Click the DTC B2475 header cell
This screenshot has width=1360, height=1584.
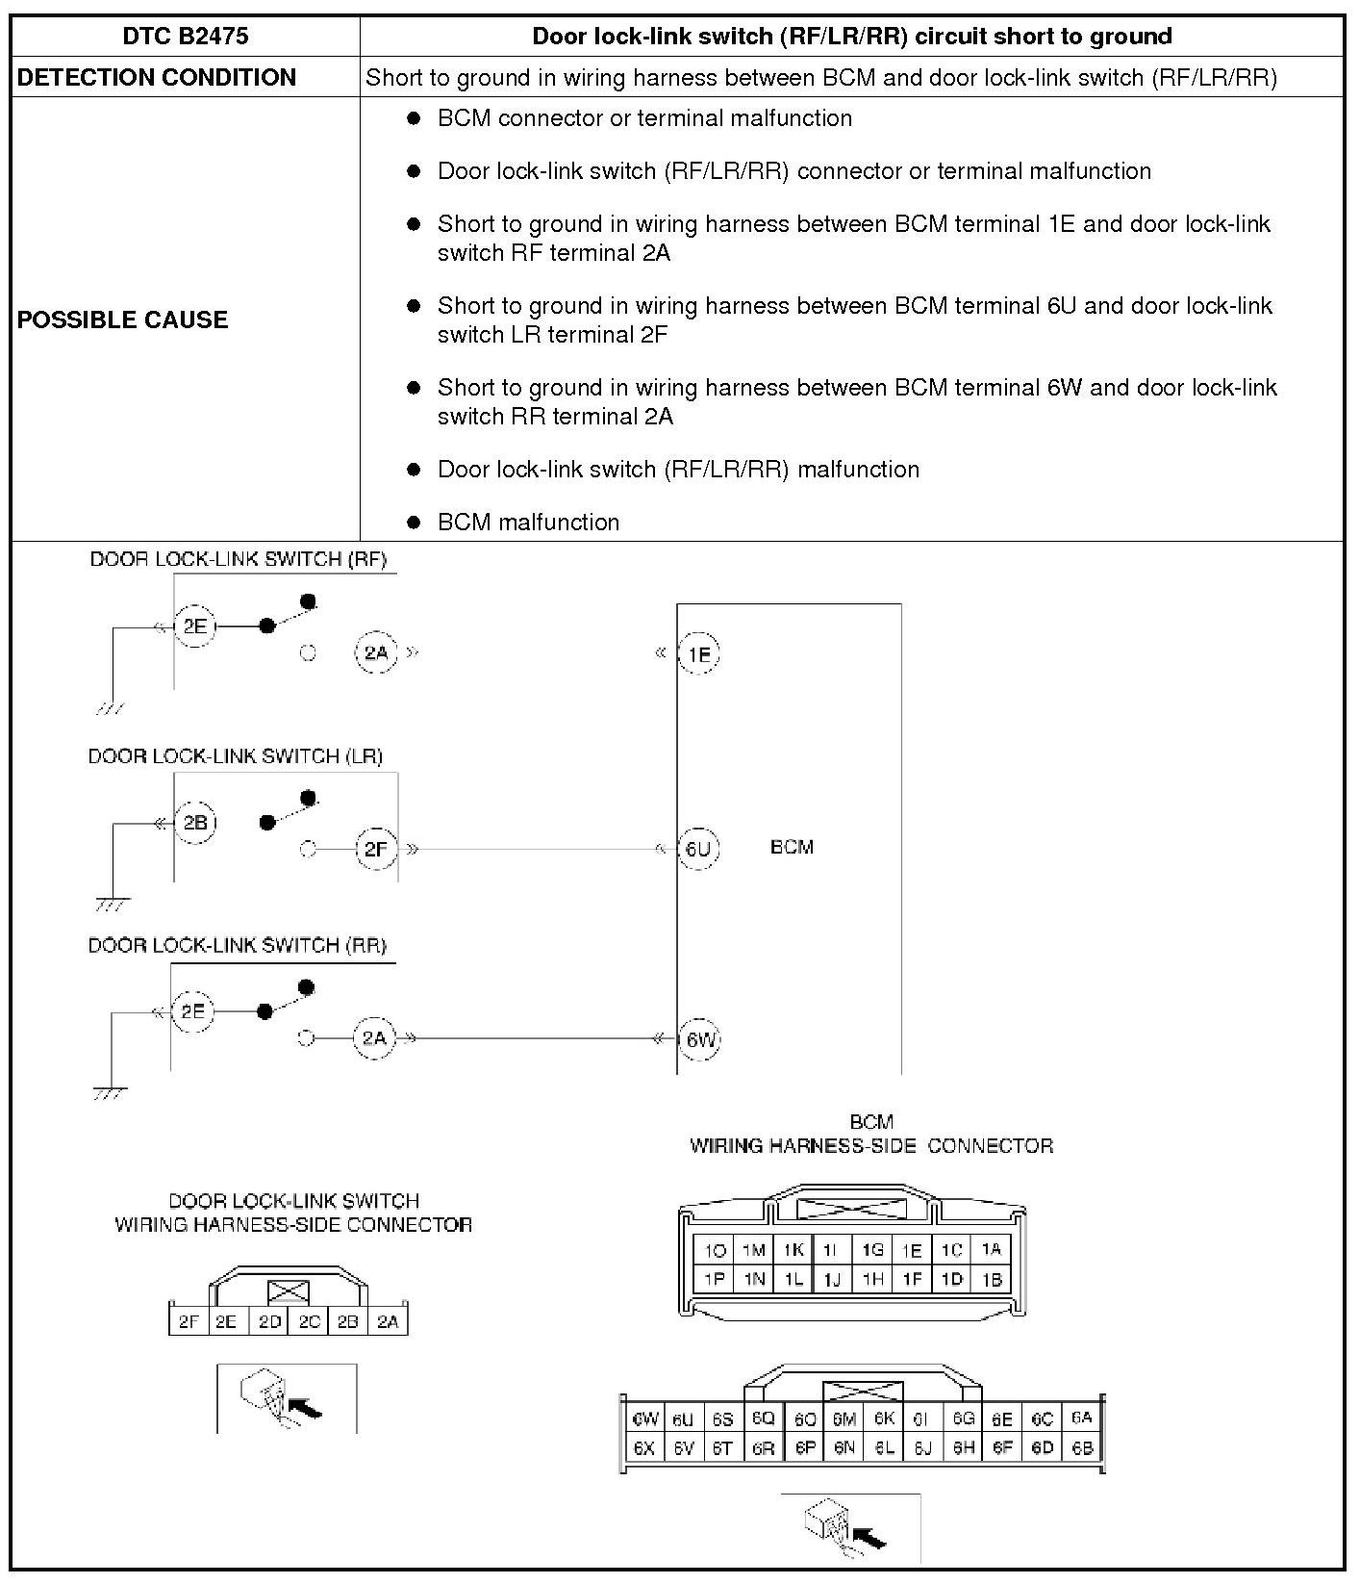point(185,37)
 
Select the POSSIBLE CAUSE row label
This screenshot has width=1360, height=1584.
point(122,319)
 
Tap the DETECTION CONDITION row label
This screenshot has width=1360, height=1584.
point(156,78)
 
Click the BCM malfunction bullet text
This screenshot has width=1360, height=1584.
point(528,523)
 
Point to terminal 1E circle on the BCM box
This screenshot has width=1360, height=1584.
point(699,654)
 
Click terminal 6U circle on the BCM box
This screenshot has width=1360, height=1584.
point(698,849)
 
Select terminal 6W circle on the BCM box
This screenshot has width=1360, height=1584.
point(699,1039)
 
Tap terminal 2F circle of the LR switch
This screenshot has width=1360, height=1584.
point(375,849)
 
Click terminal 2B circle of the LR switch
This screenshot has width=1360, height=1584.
point(195,823)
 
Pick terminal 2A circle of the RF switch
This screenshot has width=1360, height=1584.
point(375,653)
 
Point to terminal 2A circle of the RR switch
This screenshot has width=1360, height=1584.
point(373,1037)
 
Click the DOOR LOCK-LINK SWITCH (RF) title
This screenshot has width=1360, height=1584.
point(238,559)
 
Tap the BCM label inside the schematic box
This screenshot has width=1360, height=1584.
point(792,847)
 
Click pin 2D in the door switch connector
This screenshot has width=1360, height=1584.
point(269,1321)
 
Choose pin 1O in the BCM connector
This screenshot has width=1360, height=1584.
point(715,1250)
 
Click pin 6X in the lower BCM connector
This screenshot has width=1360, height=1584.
point(643,1447)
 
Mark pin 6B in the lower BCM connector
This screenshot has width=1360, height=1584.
point(1082,1447)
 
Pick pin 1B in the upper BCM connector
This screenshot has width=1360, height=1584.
point(992,1279)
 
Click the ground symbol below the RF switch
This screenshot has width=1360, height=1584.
point(111,709)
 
